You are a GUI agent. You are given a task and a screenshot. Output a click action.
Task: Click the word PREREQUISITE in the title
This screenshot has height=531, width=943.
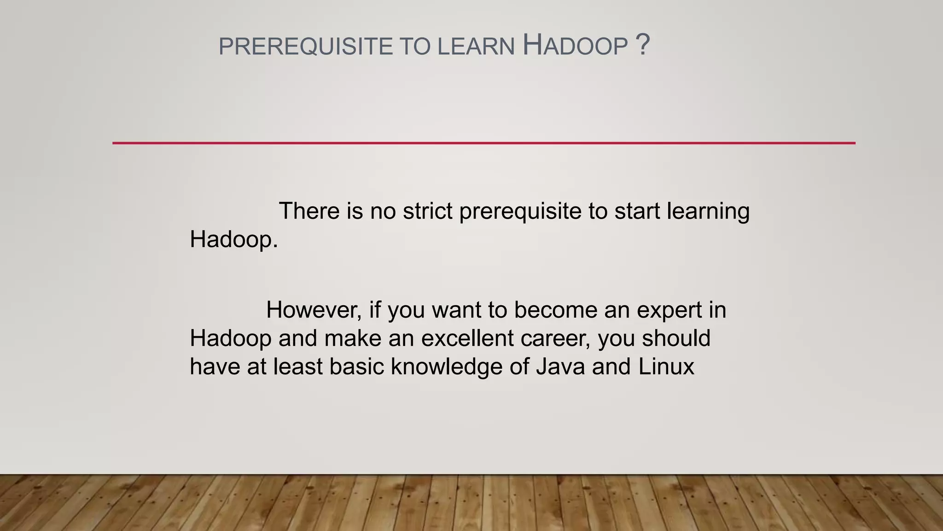(x=305, y=47)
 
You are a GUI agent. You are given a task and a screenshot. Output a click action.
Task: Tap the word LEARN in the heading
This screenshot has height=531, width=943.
(x=476, y=47)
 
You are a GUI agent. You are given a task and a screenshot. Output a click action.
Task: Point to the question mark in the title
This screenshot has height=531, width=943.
(x=642, y=45)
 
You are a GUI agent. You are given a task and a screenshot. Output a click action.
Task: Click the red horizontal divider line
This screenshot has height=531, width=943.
(x=483, y=143)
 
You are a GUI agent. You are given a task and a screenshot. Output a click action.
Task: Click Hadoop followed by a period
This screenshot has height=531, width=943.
(x=233, y=240)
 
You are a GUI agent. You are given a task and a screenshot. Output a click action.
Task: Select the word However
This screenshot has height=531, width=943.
(x=314, y=310)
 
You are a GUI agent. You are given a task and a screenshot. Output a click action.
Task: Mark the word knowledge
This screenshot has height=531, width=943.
(x=446, y=367)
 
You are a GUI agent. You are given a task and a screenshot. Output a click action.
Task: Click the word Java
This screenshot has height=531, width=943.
(x=560, y=367)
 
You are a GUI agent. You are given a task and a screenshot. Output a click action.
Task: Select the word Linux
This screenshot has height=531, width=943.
(x=666, y=367)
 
